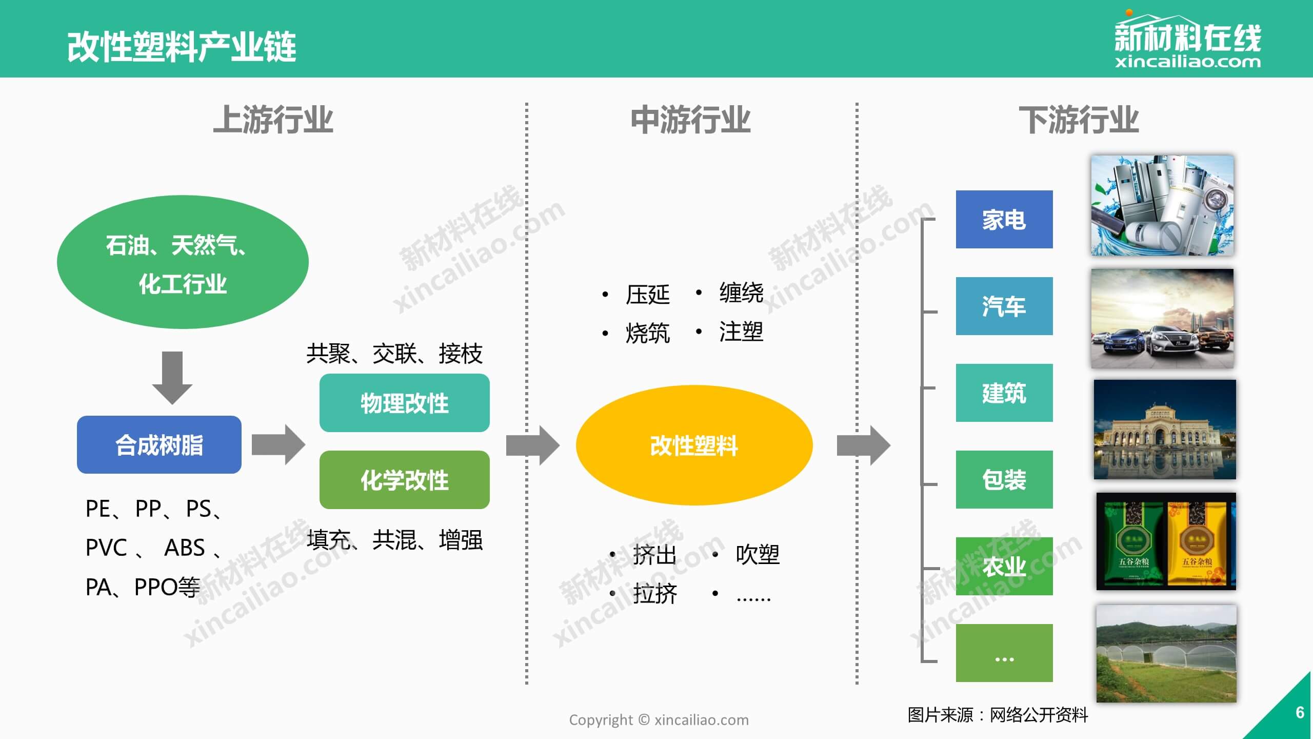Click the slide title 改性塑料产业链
pyautogui.click(x=182, y=47)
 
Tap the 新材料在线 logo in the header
pyautogui.click(x=1187, y=41)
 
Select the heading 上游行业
pyautogui.click(x=273, y=120)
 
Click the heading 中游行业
pyautogui.click(x=690, y=120)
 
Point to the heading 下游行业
pyautogui.click(x=1078, y=120)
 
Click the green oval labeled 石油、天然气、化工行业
pyautogui.click(x=183, y=262)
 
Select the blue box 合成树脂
pyautogui.click(x=159, y=445)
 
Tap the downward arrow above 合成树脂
pyautogui.click(x=172, y=377)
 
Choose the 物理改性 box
pyautogui.click(x=404, y=403)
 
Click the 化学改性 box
pyautogui.click(x=404, y=480)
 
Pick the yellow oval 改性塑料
pyautogui.click(x=694, y=445)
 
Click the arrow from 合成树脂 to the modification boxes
pyautogui.click(x=278, y=444)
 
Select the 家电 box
pyautogui.click(x=1004, y=220)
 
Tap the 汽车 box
pyautogui.click(x=1004, y=306)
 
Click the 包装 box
pyautogui.click(x=1004, y=480)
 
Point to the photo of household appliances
pyautogui.click(x=1162, y=205)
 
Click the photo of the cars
pyautogui.click(x=1162, y=318)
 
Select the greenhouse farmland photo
pyautogui.click(x=1166, y=653)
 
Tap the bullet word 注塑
pyautogui.click(x=741, y=332)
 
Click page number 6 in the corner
pyautogui.click(x=1299, y=712)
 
